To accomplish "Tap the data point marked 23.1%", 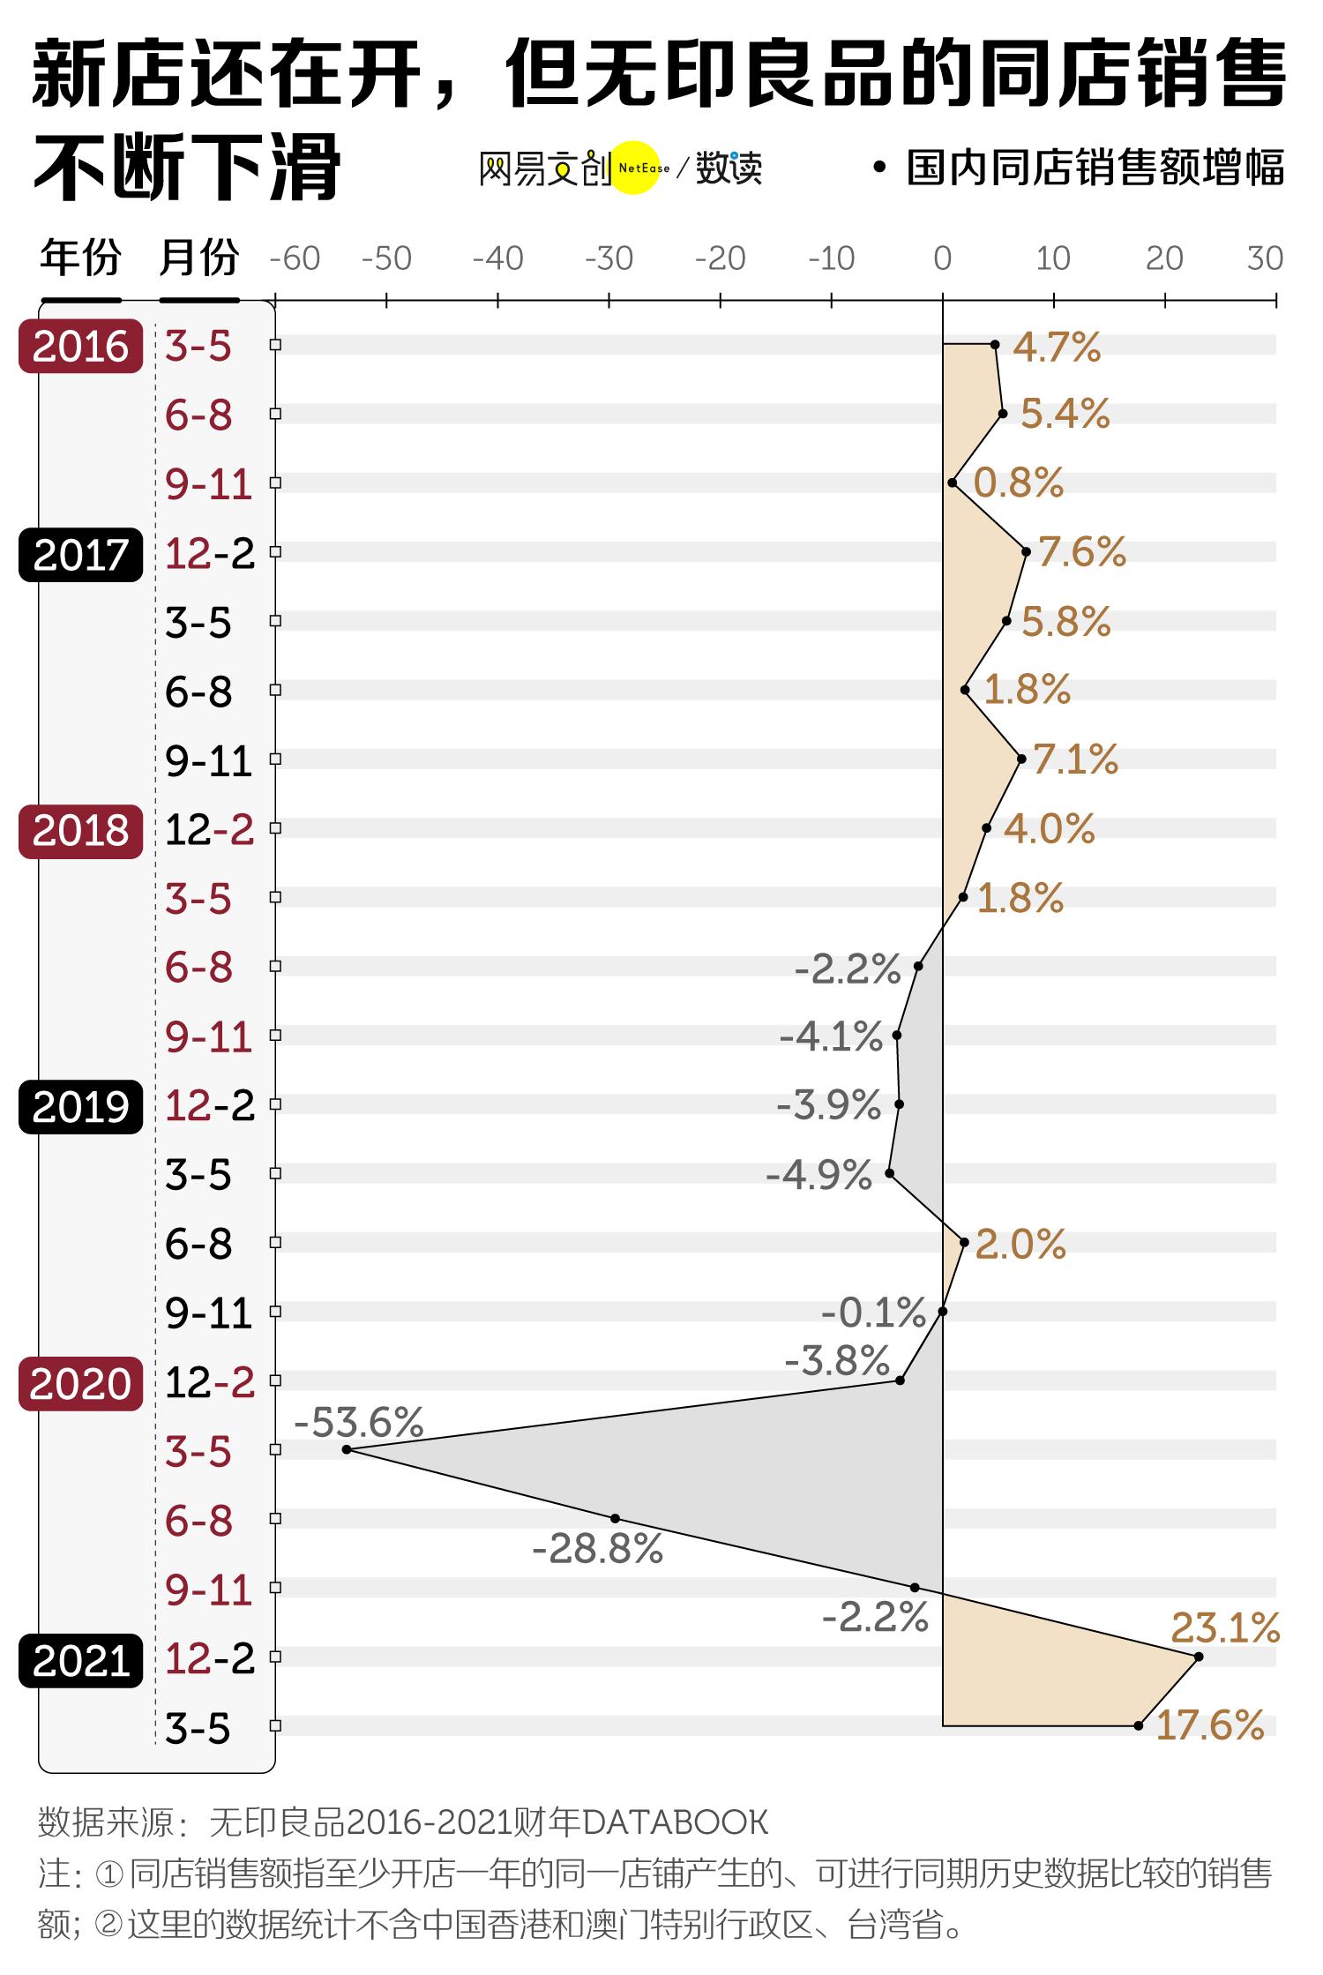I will (1198, 1657).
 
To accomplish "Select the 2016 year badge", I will (80, 346).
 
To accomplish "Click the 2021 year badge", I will (80, 1660).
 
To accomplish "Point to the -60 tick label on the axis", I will (295, 258).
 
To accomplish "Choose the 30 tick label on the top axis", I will (1264, 258).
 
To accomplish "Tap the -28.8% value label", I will (598, 1549).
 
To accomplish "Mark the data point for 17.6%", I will (1138, 1725).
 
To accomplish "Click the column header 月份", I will (199, 258).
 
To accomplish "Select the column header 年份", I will (80, 258).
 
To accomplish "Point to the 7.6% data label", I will (1082, 552).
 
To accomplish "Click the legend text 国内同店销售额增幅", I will (1095, 168).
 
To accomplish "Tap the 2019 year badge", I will (80, 1107).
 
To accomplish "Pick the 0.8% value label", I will (1019, 483).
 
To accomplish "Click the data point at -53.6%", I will (346, 1449).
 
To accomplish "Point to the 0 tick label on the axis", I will (942, 258).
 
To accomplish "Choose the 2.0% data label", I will (1020, 1244).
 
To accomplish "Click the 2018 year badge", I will (80, 831).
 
